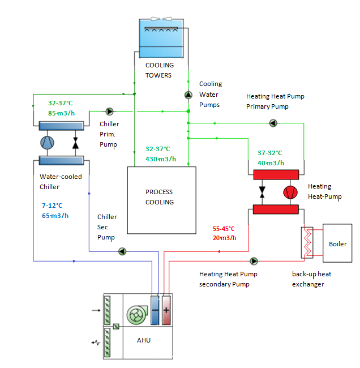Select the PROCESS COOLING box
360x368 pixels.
[x=161, y=200]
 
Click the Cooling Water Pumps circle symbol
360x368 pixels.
[x=188, y=95]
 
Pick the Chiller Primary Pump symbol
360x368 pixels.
[x=109, y=112]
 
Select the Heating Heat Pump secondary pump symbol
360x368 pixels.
[x=253, y=261]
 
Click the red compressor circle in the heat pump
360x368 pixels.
[x=290, y=192]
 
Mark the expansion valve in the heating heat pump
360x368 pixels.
[x=262, y=192]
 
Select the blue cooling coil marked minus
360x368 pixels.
[x=155, y=310]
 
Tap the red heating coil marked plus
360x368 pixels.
[x=166, y=310]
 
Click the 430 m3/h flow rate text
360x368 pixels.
[x=161, y=159]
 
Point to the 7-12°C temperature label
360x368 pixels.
[x=52, y=206]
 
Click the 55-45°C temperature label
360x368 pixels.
[x=224, y=228]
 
